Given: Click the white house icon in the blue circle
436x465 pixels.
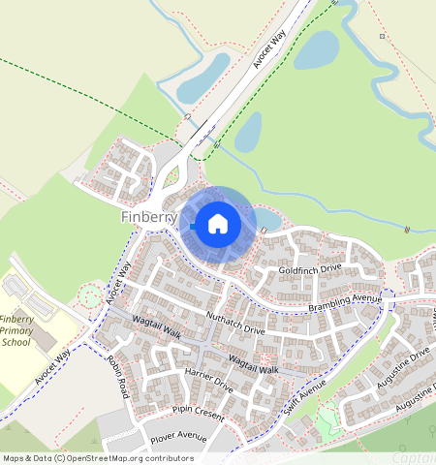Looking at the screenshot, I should click(x=218, y=225).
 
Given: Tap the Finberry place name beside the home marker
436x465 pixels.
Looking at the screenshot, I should click(x=149, y=217).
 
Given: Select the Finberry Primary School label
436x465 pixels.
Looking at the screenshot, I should click(x=16, y=330).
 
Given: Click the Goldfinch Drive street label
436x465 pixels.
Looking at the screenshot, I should click(x=310, y=268).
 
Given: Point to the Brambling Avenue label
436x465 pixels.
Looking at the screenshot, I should click(x=344, y=302).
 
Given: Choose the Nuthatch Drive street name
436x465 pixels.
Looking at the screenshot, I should click(x=235, y=324).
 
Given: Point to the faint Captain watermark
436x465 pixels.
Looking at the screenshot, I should click(x=414, y=457).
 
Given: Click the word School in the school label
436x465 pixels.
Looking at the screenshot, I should click(x=16, y=342).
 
